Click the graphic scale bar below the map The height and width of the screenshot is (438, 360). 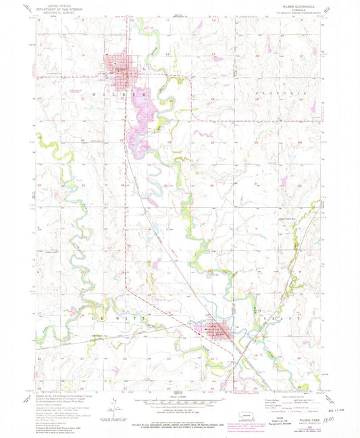(x=180, y=399)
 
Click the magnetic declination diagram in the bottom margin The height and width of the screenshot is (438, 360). (x=115, y=404)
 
